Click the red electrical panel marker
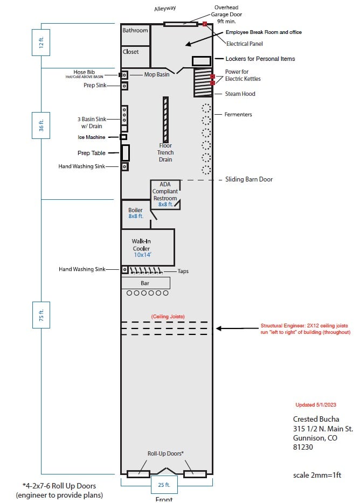point(205,24)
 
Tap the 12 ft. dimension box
point(41,43)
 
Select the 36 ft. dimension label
point(41,125)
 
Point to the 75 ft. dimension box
point(41,315)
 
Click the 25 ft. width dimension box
point(164,485)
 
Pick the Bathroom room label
point(135,31)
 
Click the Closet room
point(135,57)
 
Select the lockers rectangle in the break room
point(202,61)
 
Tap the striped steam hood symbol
point(203,82)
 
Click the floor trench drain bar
point(165,120)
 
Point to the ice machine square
point(123,137)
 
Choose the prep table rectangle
point(125,153)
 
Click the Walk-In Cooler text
point(141,244)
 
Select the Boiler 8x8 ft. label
point(135,213)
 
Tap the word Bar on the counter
point(145,283)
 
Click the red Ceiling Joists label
point(168,317)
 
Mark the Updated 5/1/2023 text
point(316,405)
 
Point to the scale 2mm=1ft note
point(317,475)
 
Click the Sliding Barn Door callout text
point(249,179)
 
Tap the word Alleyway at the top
point(165,9)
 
